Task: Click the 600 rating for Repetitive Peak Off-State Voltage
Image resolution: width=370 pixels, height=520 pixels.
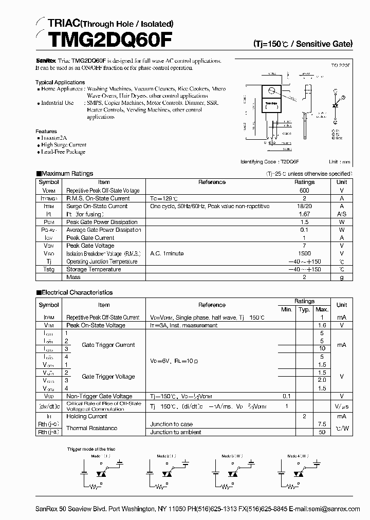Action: [304, 190]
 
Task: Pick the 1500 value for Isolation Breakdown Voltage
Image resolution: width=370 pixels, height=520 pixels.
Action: [304, 254]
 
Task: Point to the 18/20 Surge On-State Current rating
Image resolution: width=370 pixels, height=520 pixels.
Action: [304, 206]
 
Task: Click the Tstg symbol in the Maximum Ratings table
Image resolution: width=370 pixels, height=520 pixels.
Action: [49, 269]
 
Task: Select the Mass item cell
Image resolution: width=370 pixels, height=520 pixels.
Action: [73, 277]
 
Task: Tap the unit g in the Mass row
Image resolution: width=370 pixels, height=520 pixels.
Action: [341, 277]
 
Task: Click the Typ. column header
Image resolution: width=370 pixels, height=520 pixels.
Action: [304, 309]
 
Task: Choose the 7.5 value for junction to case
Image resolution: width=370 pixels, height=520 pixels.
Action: [322, 424]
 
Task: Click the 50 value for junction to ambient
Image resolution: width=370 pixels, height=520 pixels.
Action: [322, 433]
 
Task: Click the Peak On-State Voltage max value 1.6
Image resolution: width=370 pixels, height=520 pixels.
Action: [322, 326]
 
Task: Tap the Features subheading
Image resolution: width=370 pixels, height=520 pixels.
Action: [46, 132]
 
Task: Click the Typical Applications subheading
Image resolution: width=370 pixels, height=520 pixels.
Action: [60, 82]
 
